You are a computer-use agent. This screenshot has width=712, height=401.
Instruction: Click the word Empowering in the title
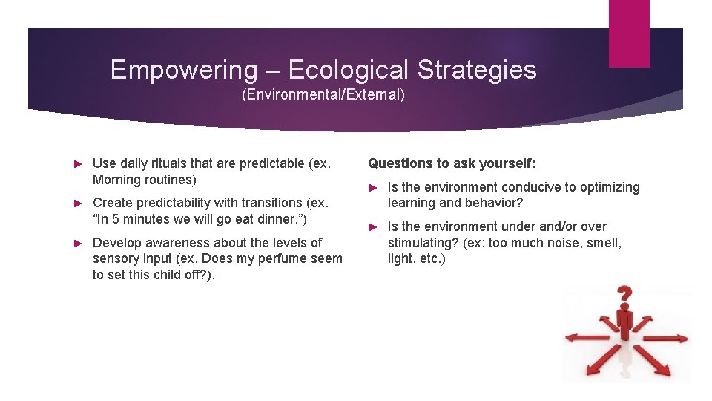[x=182, y=70]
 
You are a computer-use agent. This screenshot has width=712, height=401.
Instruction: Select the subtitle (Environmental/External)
[x=323, y=95]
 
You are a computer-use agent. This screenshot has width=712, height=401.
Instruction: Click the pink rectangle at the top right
[x=628, y=33]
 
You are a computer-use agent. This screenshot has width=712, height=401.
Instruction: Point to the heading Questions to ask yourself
[x=452, y=163]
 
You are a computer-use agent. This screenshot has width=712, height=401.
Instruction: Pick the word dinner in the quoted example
[x=280, y=219]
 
